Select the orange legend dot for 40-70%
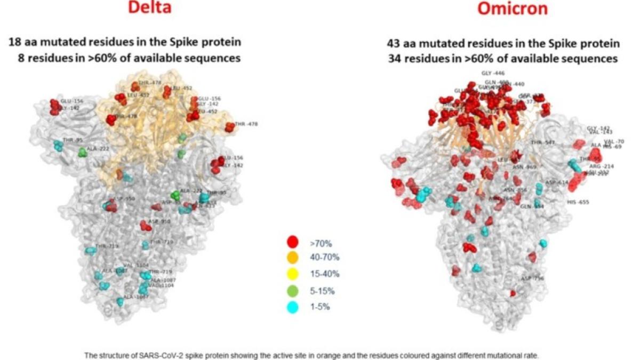(x=292, y=258)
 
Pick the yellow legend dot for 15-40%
(x=292, y=274)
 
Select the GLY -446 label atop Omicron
(x=492, y=73)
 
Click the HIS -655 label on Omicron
(x=579, y=202)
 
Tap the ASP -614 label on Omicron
(x=558, y=182)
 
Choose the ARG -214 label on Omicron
(x=601, y=166)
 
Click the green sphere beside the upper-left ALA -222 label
(x=82, y=153)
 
